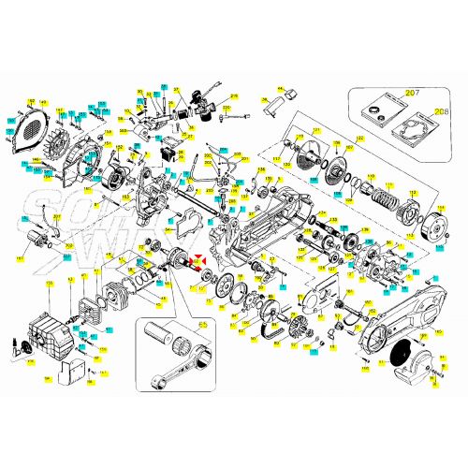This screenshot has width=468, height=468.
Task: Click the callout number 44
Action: click(x=278, y=89)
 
